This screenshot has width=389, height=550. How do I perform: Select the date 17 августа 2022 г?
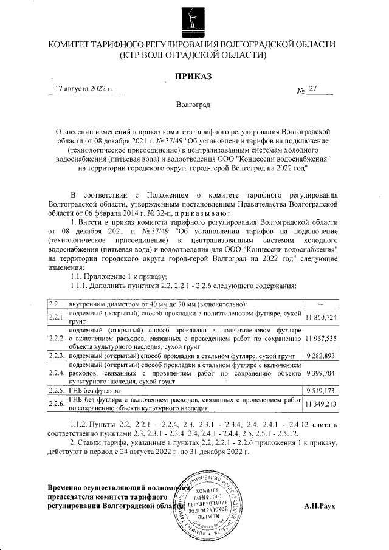[x=84, y=89]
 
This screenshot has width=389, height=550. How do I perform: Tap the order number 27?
[x=313, y=89]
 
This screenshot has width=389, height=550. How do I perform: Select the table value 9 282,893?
[x=322, y=354]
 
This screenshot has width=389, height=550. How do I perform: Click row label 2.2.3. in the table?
[x=57, y=354]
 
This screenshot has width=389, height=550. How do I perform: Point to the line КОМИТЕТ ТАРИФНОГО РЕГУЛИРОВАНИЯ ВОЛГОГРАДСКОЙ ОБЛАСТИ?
[x=194, y=46]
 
